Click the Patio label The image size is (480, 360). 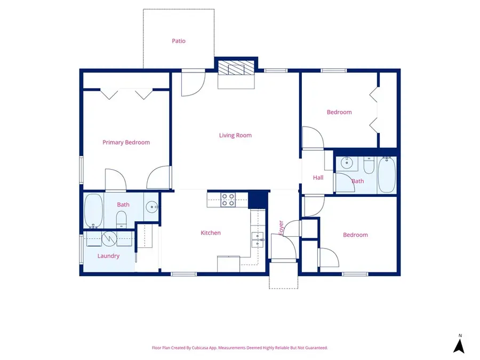179,41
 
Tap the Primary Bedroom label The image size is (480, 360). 126,142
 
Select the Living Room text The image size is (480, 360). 235,135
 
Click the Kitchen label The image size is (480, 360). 210,233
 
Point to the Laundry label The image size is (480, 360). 108,256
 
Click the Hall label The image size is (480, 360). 318,178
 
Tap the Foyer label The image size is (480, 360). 281,228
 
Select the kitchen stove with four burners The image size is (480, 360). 228,199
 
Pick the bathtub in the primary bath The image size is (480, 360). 94,211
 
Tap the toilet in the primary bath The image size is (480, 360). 121,219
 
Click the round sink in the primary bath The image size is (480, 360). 152,207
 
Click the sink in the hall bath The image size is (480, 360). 347,163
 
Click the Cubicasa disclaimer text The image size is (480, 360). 240,348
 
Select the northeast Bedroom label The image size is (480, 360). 339,112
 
